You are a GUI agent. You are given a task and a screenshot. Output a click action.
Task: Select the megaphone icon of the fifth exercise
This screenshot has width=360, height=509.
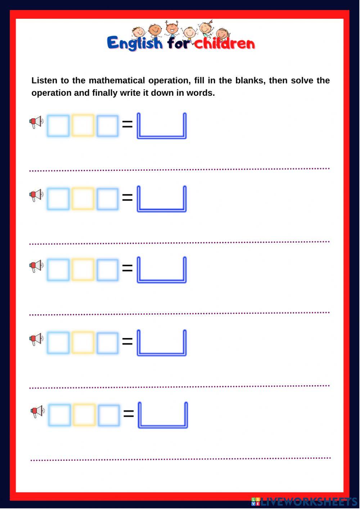click(x=37, y=411)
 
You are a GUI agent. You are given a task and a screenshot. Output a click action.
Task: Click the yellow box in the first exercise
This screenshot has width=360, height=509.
click(x=83, y=126)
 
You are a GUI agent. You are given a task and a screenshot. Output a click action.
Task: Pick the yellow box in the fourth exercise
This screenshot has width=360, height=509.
click(x=83, y=342)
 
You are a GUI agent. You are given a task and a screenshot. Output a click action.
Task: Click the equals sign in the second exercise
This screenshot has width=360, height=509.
click(x=127, y=198)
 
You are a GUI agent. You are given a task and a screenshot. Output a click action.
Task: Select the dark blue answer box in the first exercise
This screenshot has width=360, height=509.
click(x=162, y=137)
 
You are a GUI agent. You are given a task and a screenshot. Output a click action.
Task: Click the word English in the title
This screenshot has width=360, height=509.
click(x=135, y=43)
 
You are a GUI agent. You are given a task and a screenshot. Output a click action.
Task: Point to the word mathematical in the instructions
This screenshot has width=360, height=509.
click(x=117, y=80)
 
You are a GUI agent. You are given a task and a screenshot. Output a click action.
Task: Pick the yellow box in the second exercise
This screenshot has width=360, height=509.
click(x=83, y=199)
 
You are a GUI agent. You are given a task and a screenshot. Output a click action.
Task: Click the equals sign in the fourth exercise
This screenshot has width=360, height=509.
click(x=127, y=341)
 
